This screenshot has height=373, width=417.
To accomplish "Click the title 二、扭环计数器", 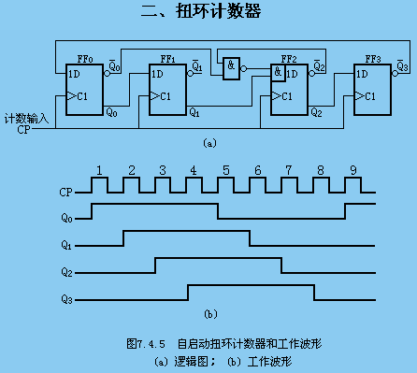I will point(208,12).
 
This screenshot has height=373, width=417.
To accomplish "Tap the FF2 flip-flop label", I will point(289,56).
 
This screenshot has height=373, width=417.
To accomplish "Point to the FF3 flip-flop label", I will point(372,56).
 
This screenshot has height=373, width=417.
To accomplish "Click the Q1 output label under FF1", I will point(194,112).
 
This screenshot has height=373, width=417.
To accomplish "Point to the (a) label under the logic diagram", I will point(208,143).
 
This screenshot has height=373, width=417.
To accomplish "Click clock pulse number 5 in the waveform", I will point(225,170).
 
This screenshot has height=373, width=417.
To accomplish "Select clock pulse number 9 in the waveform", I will point(352,170).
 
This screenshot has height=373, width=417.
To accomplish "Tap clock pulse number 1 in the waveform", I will point(98,170).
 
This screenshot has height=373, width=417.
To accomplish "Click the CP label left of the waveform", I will point(66,191).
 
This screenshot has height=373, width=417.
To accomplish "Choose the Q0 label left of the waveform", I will point(65,218).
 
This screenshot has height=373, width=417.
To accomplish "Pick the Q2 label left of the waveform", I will point(65,272).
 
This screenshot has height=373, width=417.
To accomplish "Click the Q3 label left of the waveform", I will point(65,299).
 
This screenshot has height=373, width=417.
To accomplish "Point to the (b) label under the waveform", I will point(210,313).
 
